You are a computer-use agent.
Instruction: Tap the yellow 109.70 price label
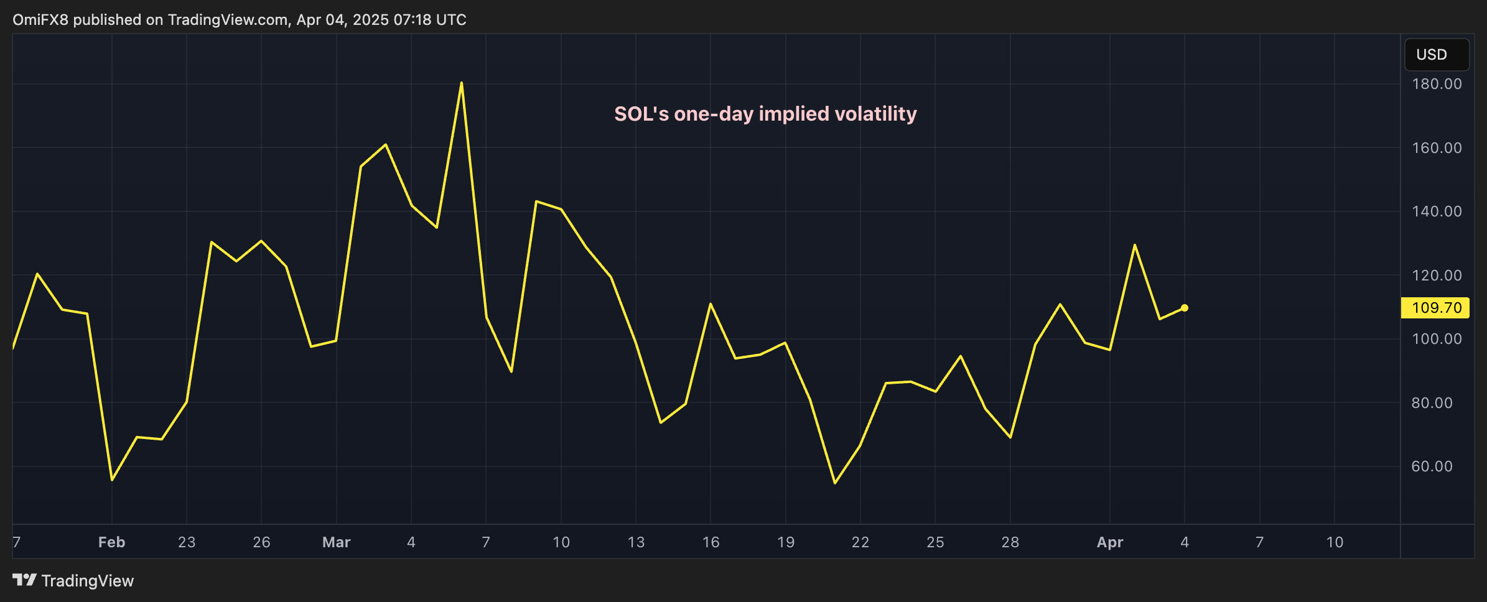click(1435, 308)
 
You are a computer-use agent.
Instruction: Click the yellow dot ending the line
click(1184, 308)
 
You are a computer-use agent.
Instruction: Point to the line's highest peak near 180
click(461, 83)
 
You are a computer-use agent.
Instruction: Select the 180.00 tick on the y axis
click(1436, 84)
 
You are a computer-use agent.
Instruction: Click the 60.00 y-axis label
click(1432, 466)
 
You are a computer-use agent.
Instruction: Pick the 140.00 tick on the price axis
click(1436, 211)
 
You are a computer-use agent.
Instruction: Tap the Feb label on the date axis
click(112, 542)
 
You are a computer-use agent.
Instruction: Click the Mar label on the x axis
click(336, 542)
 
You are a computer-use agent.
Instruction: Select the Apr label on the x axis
click(1109, 542)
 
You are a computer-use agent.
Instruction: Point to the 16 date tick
click(711, 542)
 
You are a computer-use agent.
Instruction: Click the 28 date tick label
click(1010, 542)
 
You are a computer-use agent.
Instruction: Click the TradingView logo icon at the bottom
click(25, 580)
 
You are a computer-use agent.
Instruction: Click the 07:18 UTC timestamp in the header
click(429, 20)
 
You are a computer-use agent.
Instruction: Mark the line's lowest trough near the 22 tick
click(835, 483)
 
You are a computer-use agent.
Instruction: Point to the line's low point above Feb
click(112, 479)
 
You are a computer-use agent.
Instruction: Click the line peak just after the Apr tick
click(1135, 245)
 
